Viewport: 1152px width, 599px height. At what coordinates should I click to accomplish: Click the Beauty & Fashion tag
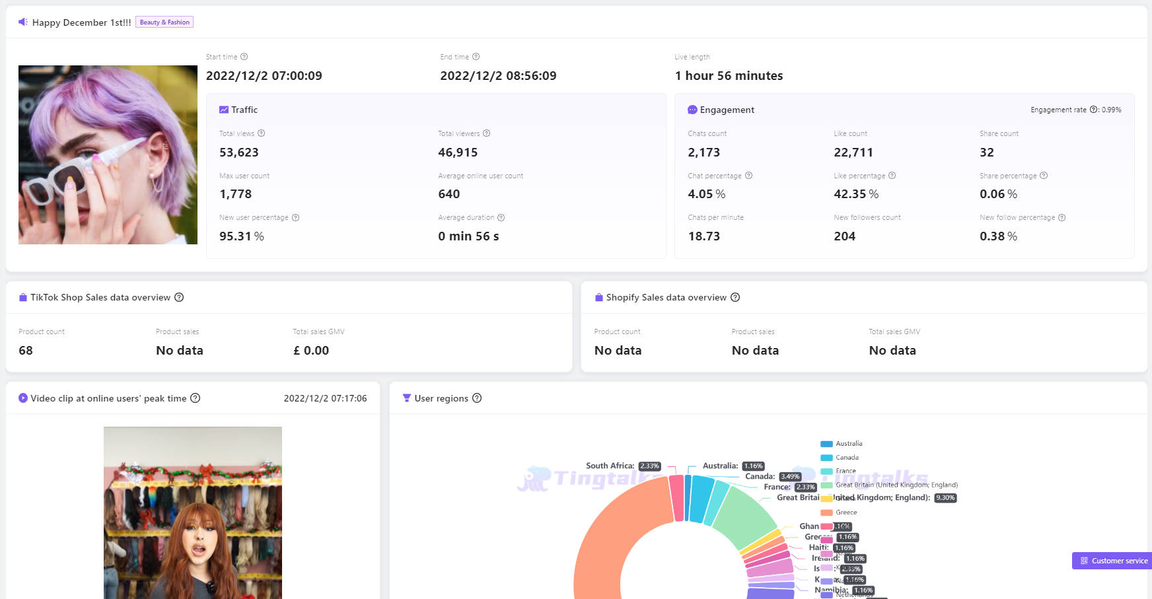pos(164,22)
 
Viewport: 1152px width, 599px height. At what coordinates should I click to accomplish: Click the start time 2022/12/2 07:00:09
pos(264,76)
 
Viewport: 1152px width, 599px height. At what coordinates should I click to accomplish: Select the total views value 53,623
pos(238,153)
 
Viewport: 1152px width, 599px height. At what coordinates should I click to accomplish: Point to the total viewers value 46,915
pos(457,153)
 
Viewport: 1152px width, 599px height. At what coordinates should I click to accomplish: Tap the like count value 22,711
pos(853,153)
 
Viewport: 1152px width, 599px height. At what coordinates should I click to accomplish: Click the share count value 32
pos(986,153)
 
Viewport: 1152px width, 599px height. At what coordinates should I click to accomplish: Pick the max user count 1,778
pos(235,194)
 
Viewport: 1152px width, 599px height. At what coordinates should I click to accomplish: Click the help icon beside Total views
pos(261,133)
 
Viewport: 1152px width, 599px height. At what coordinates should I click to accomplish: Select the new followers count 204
pos(844,236)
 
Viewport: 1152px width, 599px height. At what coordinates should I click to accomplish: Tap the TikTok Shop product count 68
pos(26,351)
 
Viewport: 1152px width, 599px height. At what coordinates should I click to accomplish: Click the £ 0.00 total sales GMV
pos(311,351)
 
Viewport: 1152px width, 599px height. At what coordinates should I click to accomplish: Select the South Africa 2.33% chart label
pos(622,466)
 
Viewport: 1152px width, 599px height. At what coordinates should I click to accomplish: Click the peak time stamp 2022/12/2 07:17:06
pos(325,398)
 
